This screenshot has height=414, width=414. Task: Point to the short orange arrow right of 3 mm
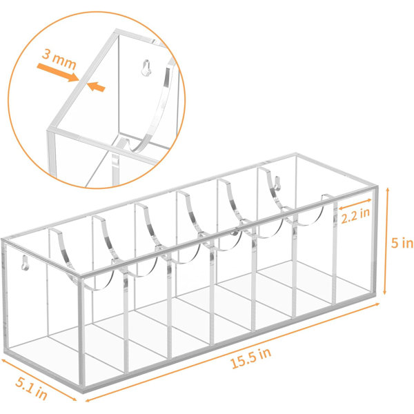click(99, 87)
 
